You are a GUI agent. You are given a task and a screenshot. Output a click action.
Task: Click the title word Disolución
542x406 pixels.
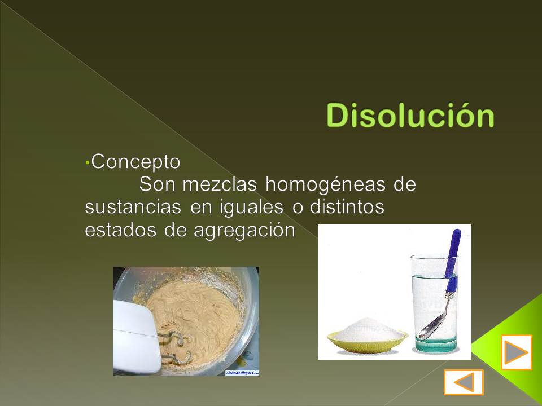coord(410,116)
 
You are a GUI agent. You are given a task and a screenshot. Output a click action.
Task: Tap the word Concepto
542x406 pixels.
coord(135,162)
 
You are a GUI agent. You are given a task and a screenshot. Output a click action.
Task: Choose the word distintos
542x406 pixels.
coord(347,207)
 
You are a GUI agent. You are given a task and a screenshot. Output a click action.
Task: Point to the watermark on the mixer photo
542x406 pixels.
coord(242,373)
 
